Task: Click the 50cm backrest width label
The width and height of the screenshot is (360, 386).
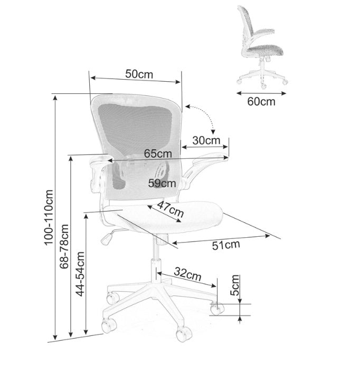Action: click(x=139, y=74)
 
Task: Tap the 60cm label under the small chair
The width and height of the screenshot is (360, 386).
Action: click(x=261, y=101)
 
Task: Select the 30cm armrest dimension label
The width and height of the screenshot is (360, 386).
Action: click(x=206, y=140)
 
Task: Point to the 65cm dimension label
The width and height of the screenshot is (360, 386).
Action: click(x=158, y=153)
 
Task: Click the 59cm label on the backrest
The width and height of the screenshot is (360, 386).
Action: click(x=162, y=183)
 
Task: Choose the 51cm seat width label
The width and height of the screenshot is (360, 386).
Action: click(x=226, y=244)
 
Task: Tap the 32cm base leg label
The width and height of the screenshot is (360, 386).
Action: click(x=188, y=274)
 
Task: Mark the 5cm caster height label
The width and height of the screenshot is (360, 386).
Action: click(x=235, y=285)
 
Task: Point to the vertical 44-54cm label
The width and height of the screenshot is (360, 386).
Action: click(x=80, y=274)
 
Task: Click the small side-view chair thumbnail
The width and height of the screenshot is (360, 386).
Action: click(x=260, y=45)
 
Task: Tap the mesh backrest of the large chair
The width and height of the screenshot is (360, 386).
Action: click(x=137, y=127)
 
